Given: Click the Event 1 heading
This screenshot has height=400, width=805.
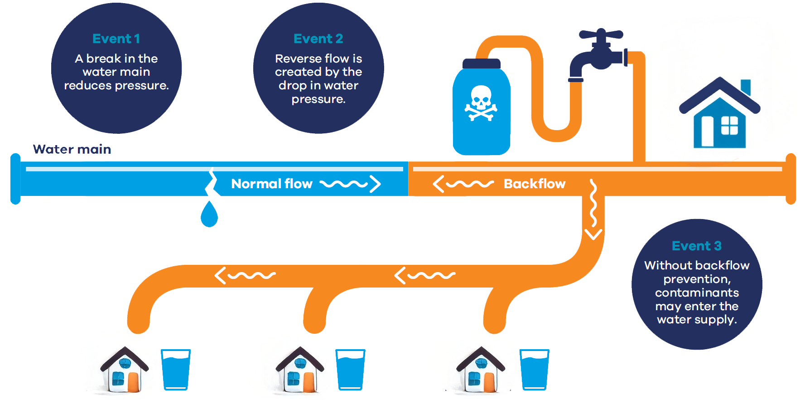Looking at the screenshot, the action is click(x=116, y=39).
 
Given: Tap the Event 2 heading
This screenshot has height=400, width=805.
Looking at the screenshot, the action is click(x=318, y=39).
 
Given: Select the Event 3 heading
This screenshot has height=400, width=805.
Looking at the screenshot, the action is click(x=696, y=246).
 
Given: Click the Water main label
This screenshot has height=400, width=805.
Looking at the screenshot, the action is click(x=72, y=149).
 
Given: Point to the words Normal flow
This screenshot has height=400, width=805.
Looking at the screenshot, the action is click(x=272, y=184).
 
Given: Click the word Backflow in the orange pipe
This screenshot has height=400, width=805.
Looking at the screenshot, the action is click(x=535, y=184).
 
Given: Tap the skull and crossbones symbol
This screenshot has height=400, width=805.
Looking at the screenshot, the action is click(x=481, y=103).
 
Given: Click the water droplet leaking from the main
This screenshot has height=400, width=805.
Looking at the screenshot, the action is click(x=209, y=214).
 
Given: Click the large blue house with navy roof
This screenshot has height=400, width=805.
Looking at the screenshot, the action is click(x=719, y=113).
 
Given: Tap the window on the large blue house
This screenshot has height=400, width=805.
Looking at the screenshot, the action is click(x=729, y=126).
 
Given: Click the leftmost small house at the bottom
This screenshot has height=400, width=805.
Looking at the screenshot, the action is click(x=125, y=370).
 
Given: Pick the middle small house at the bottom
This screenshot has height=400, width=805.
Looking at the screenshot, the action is click(x=300, y=370).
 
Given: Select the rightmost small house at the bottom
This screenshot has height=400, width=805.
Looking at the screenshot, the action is click(x=480, y=370).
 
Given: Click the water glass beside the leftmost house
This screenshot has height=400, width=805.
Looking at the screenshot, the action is click(x=176, y=370).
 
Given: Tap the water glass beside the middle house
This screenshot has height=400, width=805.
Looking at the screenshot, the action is click(x=350, y=370).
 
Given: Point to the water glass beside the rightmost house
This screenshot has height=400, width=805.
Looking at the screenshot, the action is click(x=535, y=370).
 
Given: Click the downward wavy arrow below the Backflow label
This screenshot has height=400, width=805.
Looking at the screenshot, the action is click(x=593, y=209).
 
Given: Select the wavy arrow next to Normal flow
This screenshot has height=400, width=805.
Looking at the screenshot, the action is click(x=350, y=184).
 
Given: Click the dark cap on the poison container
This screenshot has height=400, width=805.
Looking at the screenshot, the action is click(x=482, y=64).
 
